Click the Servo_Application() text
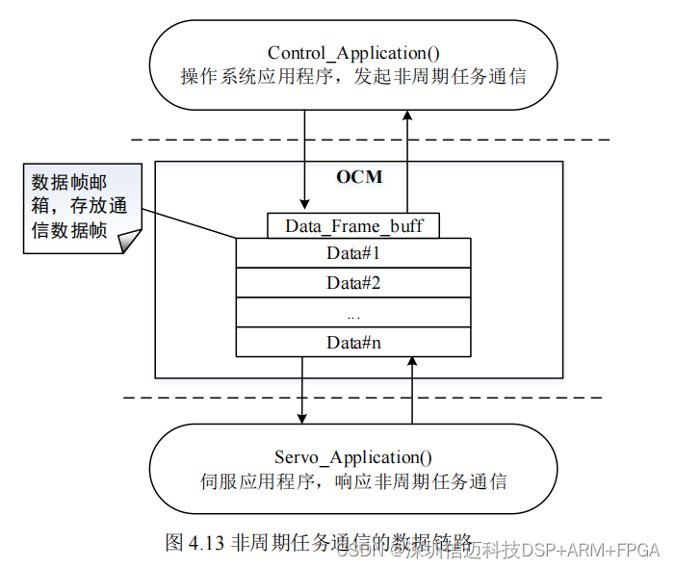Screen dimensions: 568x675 (x=353, y=457)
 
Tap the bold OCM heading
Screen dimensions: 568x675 (x=359, y=177)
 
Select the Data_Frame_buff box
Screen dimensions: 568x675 (x=353, y=226)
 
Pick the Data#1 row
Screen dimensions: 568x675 (x=353, y=254)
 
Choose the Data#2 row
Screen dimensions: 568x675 (x=353, y=283)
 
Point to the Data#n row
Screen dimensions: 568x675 (x=353, y=342)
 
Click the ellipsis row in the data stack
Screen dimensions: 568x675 (x=353, y=313)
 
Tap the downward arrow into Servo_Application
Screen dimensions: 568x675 (x=302, y=390)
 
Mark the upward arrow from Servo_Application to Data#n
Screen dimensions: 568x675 (x=412, y=390)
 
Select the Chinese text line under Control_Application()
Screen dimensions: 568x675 (x=353, y=76)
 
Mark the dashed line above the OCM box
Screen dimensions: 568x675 (x=370, y=140)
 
